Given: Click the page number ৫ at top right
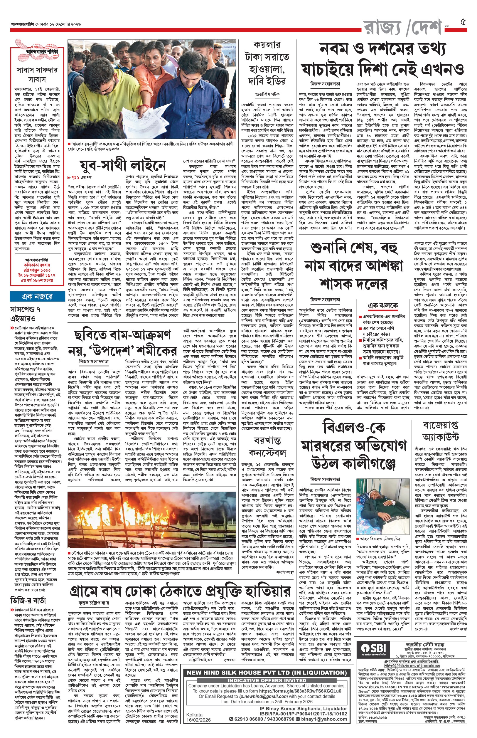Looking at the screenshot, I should [x=463, y=22].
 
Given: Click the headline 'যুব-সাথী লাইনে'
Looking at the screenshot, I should [x=122, y=165].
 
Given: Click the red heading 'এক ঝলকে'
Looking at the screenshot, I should [x=383, y=305].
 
